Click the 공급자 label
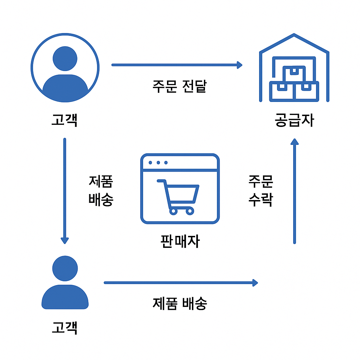click(294, 120)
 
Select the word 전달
click(194, 86)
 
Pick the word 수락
click(261, 200)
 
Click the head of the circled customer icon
click(65, 58)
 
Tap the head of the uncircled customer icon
click(65, 268)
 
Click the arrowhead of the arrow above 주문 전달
click(239, 65)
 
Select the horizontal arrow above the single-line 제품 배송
click(181, 283)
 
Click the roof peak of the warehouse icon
click(294, 35)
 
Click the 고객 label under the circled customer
click(64, 120)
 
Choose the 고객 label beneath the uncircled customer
click(64, 327)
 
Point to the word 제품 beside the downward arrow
click(101, 181)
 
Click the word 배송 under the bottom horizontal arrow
click(194, 303)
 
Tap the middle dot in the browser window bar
click(158, 163)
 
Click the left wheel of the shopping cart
click(173, 211)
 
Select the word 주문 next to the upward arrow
click(261, 181)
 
